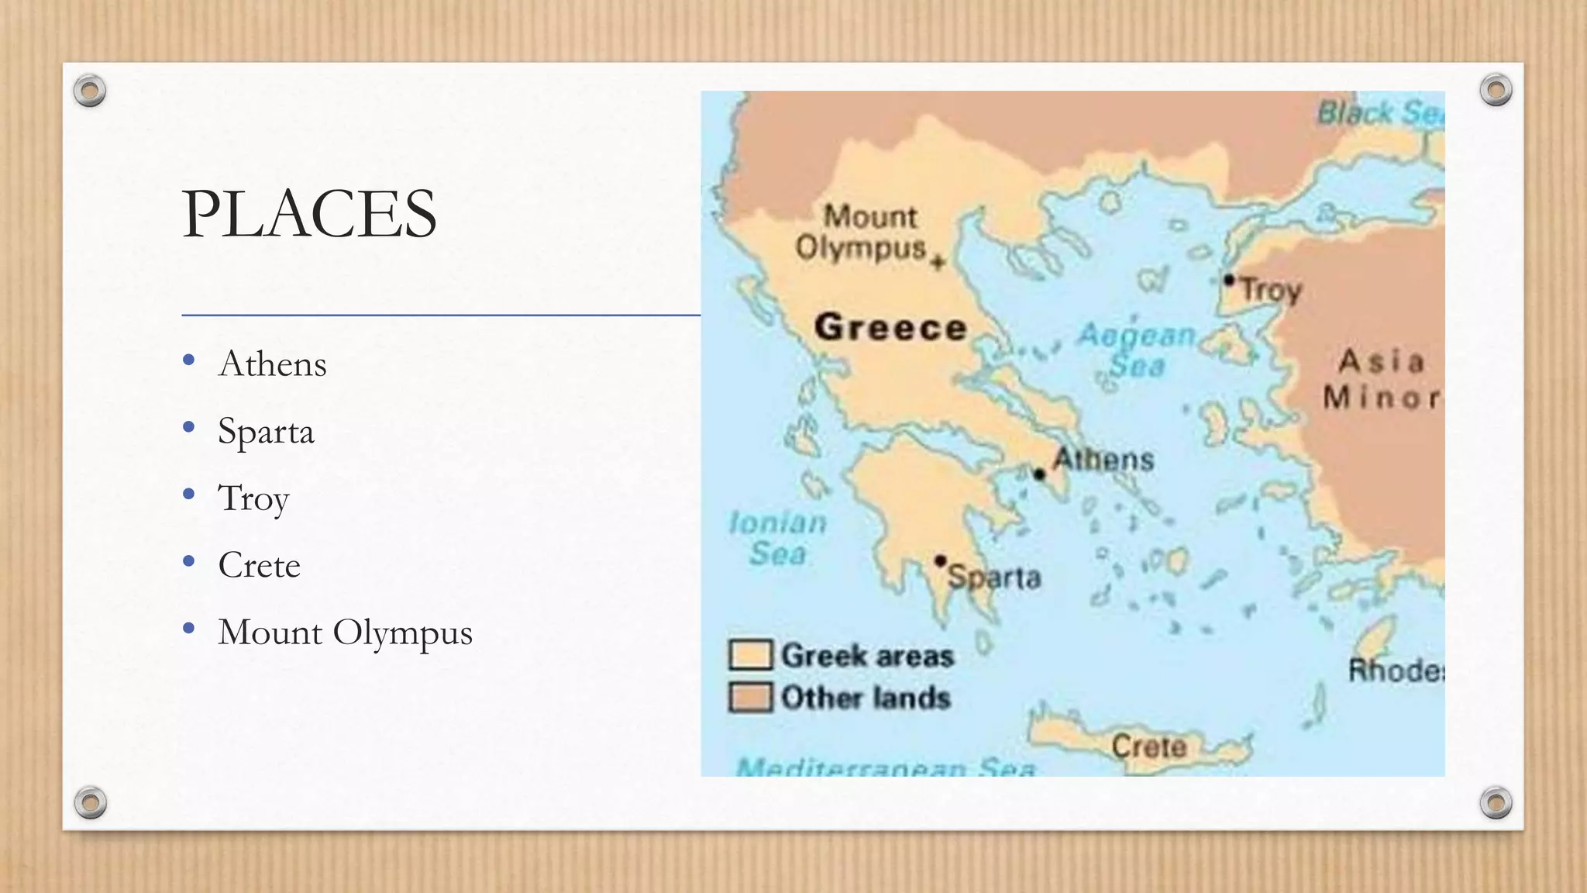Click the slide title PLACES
point(309,214)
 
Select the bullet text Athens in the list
point(273,364)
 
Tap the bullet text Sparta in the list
point(266,431)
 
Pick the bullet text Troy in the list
point(253,498)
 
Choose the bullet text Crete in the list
point(259,565)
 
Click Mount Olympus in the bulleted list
point(345,633)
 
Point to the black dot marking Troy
point(1229,280)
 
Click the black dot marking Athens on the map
point(1039,474)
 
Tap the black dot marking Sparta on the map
point(940,560)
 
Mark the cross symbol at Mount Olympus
point(938,262)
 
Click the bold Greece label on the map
point(890,327)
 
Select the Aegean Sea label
point(1137,350)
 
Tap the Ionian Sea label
point(777,538)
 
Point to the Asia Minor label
point(1381,380)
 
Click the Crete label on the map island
point(1148,746)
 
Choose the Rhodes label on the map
point(1396,670)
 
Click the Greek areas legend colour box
point(750,655)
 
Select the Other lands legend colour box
point(750,697)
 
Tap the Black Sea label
point(1380,113)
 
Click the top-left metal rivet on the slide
point(90,91)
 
